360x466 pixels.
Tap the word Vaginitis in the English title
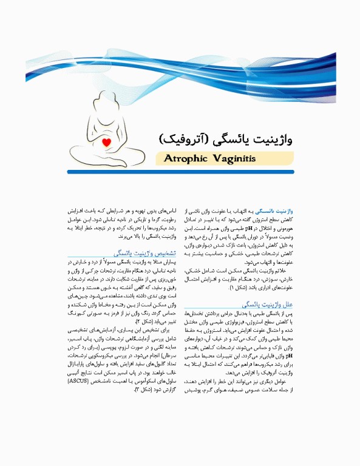click(233, 159)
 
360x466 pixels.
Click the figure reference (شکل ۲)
click(141, 320)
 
